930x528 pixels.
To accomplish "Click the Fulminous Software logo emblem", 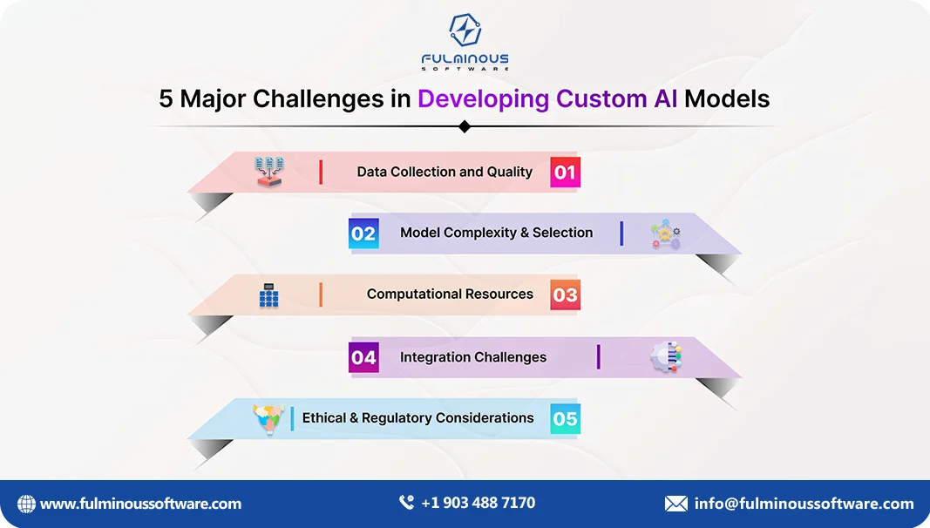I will point(465,30).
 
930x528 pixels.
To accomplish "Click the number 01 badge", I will point(565,173).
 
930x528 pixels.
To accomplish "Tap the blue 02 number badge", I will point(363,234).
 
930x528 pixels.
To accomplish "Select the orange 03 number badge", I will point(565,294).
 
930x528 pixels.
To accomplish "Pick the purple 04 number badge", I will point(363,357).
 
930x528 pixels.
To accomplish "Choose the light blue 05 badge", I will point(565,419).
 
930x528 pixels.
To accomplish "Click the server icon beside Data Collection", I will point(269,172).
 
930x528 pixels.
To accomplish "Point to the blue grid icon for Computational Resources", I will point(268,296).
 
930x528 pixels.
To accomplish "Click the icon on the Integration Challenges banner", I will point(667,357).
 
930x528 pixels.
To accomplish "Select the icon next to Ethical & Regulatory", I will point(268,419).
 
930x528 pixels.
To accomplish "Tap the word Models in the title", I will point(727,98).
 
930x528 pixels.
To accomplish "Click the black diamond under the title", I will point(465,126).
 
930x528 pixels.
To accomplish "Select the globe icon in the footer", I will point(26,504).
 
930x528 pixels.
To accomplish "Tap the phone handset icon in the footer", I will point(406,503).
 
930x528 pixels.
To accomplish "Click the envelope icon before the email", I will point(675,504).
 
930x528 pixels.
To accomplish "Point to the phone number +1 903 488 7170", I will point(478,503).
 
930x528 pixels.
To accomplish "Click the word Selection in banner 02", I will point(562,233).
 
